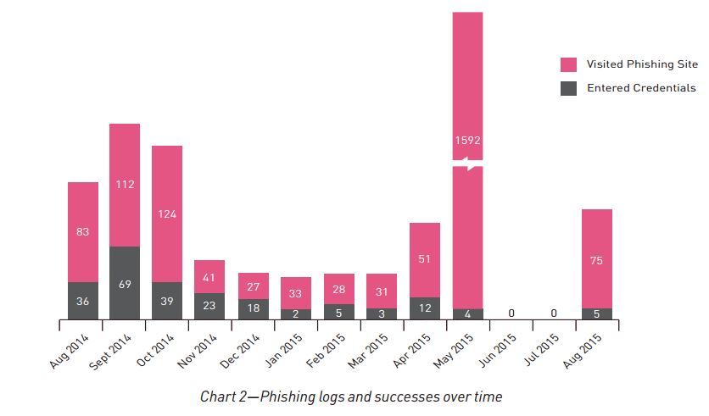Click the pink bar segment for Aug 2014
(x=83, y=231)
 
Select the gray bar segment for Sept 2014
(x=125, y=283)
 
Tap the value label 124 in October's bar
(x=167, y=214)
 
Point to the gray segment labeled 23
(x=209, y=306)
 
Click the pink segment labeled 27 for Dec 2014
(x=253, y=286)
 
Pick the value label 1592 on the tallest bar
(x=467, y=140)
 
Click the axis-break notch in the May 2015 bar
(x=467, y=164)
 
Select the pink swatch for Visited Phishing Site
(x=568, y=64)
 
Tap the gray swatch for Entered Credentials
(x=568, y=88)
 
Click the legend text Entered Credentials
(x=641, y=88)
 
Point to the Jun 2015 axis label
(x=496, y=350)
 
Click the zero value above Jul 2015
(x=554, y=313)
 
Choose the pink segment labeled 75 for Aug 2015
(x=596, y=259)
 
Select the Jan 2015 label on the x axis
(x=282, y=350)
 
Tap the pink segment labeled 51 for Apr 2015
(x=424, y=259)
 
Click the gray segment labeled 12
(x=424, y=308)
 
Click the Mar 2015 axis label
(x=367, y=350)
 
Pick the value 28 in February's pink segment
(x=338, y=289)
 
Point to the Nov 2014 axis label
(x=196, y=350)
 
